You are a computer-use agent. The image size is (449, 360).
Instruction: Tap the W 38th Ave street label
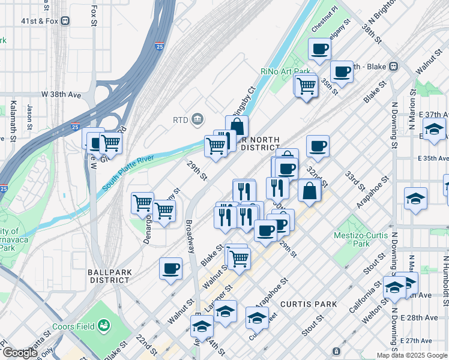pos(61,95)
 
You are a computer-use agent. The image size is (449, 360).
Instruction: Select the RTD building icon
pos(197,120)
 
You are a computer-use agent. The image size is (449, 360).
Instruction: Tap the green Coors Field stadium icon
pos(105,326)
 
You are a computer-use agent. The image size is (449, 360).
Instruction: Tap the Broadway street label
pos(190,236)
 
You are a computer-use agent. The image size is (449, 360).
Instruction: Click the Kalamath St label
pos(13,122)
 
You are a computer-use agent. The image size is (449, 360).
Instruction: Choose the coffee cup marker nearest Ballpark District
pos(171,268)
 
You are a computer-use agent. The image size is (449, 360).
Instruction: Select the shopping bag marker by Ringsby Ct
pos(237,126)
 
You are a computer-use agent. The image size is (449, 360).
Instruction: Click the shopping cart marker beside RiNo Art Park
pos(306,86)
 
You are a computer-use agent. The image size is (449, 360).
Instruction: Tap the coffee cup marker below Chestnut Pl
pos(319,49)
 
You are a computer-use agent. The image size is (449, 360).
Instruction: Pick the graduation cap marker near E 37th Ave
pos(434,129)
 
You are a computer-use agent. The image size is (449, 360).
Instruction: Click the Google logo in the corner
pos(20,353)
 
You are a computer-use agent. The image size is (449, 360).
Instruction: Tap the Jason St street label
pos(29,112)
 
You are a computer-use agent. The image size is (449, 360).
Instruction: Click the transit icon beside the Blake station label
pos(394,66)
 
